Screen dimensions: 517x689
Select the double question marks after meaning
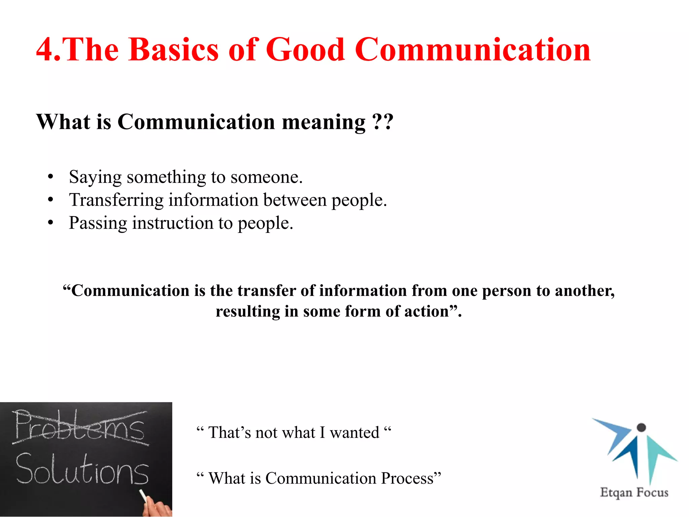click(x=383, y=122)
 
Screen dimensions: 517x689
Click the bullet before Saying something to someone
click(x=50, y=177)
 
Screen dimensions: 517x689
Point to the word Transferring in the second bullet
click(x=116, y=200)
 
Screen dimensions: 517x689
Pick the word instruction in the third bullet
click(x=173, y=223)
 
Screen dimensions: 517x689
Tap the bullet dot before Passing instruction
click(x=50, y=223)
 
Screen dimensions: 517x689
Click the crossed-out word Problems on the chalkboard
click(x=80, y=427)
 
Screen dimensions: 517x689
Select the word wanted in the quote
click(x=354, y=433)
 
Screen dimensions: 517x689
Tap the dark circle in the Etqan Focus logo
click(x=641, y=427)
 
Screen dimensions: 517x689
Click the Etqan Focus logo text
click(x=634, y=492)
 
